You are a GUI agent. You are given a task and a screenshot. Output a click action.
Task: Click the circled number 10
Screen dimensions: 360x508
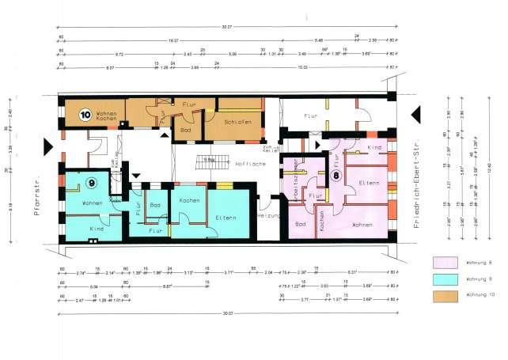(x=85, y=114)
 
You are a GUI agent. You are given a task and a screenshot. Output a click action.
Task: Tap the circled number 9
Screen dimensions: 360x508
(x=93, y=184)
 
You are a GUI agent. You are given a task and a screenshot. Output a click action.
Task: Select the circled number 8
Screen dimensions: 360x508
(x=336, y=175)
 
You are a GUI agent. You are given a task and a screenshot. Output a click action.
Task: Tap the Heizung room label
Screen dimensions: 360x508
(x=269, y=215)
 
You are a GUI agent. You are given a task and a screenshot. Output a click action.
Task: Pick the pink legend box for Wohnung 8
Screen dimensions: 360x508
(x=447, y=262)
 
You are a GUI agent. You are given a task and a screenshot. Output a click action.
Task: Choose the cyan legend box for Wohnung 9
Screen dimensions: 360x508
(x=447, y=279)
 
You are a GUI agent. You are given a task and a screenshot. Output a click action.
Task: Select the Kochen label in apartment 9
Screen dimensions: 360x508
(x=188, y=202)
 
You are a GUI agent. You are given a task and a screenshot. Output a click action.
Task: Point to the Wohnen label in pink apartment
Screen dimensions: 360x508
(x=362, y=225)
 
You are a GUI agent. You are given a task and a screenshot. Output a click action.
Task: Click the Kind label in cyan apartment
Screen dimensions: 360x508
(x=97, y=228)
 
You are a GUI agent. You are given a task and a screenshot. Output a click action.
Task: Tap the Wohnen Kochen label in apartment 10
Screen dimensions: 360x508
(x=106, y=117)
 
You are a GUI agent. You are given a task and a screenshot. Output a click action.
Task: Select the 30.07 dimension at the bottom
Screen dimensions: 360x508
(x=228, y=313)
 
